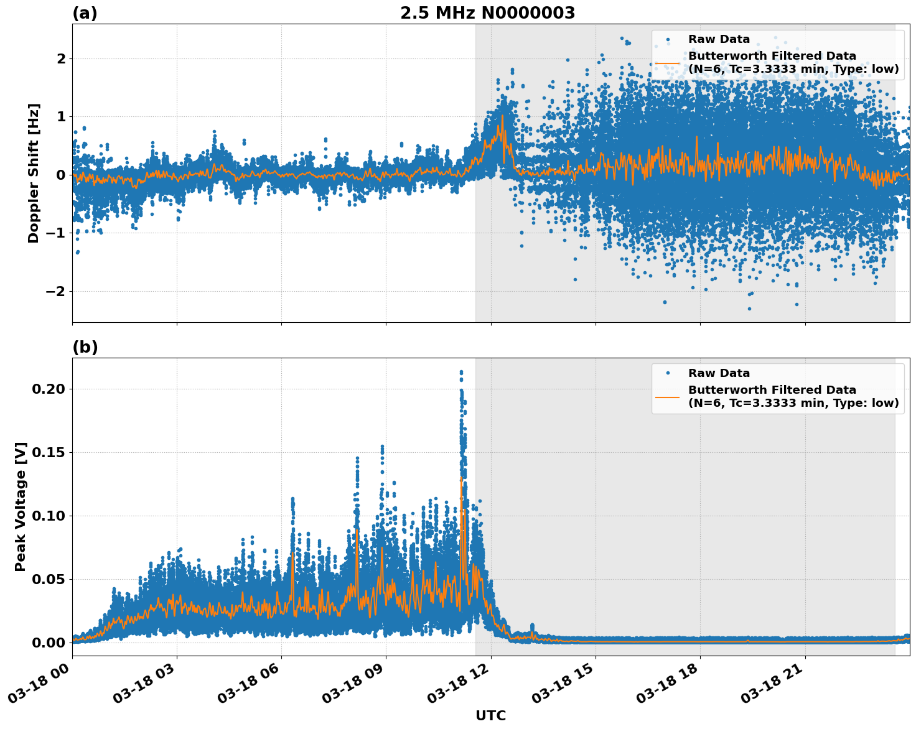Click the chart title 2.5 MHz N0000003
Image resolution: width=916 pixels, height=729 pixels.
click(x=487, y=13)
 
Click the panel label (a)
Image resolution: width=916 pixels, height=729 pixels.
click(x=85, y=13)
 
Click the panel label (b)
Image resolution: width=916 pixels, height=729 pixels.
click(x=85, y=347)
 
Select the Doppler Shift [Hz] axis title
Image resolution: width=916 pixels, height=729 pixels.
click(x=34, y=173)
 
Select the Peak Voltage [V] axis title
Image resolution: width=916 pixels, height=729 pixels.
click(x=21, y=506)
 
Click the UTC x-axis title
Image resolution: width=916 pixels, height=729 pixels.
click(x=490, y=715)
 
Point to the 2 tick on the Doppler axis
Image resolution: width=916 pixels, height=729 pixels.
click(x=61, y=58)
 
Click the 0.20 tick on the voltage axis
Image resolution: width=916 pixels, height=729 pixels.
click(x=49, y=389)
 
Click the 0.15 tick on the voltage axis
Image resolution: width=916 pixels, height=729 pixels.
click(x=49, y=452)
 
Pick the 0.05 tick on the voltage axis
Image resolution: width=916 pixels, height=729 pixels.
click(x=49, y=579)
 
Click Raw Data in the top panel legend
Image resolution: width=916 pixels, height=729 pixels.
click(x=719, y=39)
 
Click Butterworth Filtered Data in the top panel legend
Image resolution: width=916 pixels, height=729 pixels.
click(x=772, y=57)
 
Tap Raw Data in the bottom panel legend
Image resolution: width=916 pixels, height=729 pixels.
click(x=719, y=373)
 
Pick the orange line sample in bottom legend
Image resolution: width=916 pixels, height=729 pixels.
click(x=667, y=396)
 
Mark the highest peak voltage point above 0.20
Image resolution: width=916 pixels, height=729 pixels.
click(x=461, y=372)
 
